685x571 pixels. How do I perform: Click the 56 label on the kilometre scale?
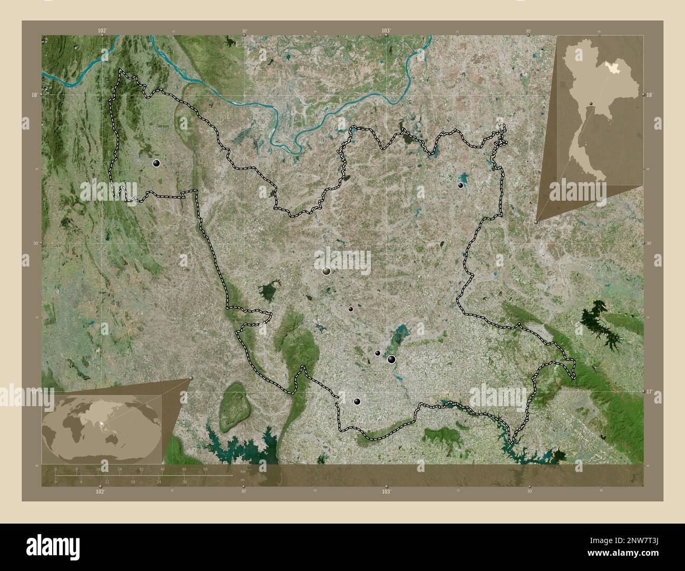pyautogui.click(x=205, y=469)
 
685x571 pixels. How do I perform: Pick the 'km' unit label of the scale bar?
pyautogui.click(x=243, y=472)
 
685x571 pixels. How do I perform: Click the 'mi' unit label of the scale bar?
pyautogui.click(x=243, y=479)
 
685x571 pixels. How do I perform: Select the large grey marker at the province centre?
pyautogui.click(x=327, y=271)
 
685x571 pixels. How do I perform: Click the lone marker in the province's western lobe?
pyautogui.click(x=156, y=163)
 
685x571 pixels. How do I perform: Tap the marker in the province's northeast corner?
pyautogui.click(x=461, y=185)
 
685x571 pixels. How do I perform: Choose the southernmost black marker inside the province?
pyautogui.click(x=357, y=401)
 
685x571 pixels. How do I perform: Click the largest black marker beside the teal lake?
pyautogui.click(x=392, y=359)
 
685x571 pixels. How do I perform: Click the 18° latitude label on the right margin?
pyautogui.click(x=649, y=94)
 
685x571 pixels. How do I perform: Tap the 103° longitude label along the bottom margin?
pyautogui.click(x=386, y=491)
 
